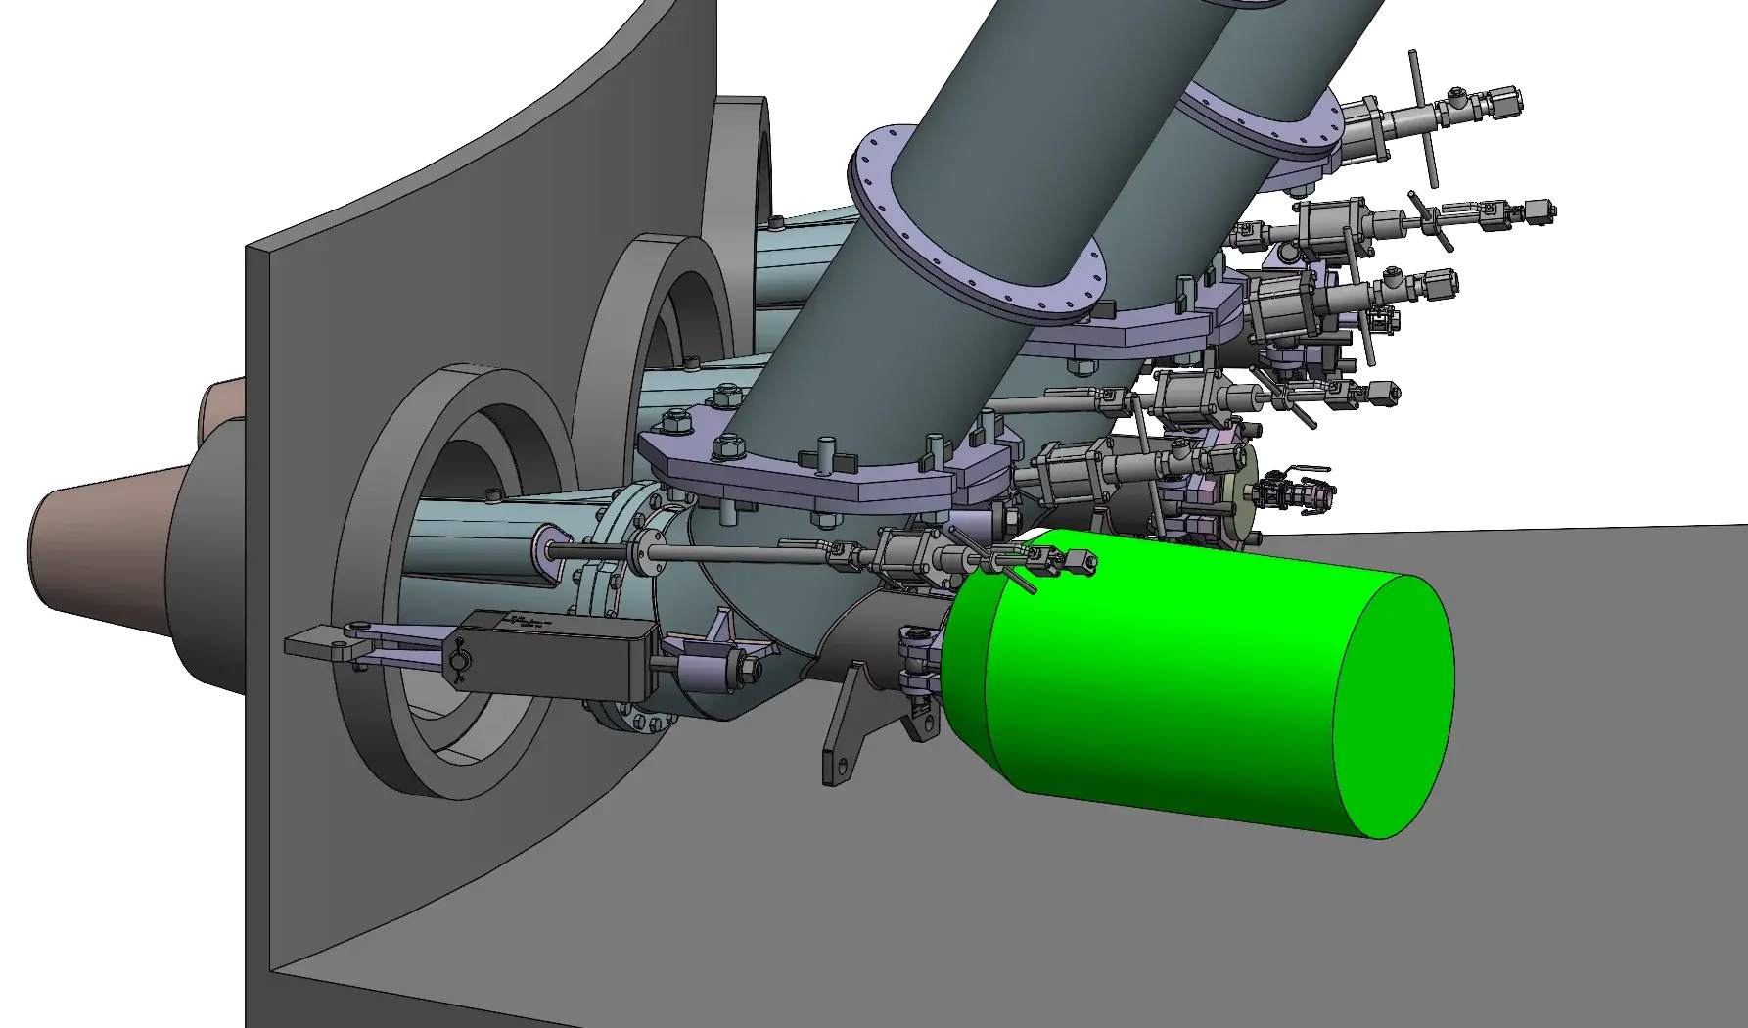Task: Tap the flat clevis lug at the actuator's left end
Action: point(318,642)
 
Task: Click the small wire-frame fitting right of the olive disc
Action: point(1298,489)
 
